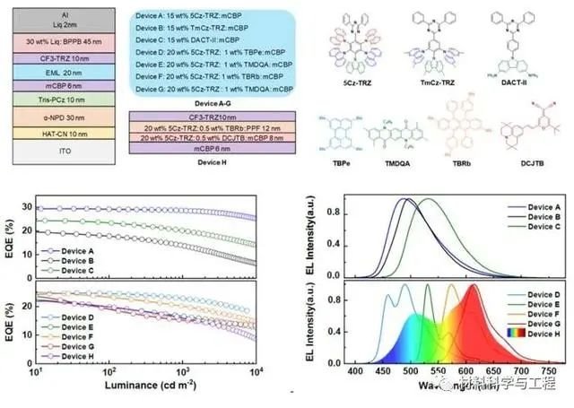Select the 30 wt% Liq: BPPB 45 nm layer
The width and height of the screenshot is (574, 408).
[x=62, y=41]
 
